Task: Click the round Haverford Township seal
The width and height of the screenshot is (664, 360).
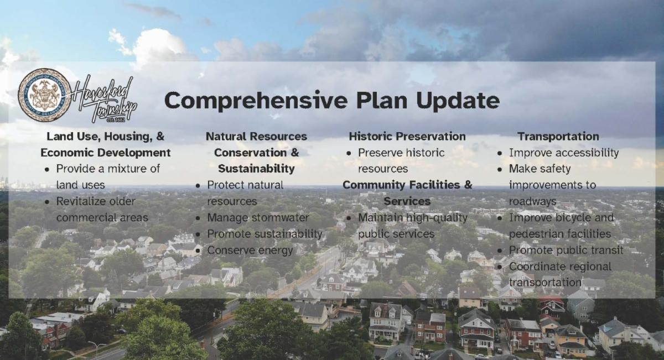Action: click(x=45, y=95)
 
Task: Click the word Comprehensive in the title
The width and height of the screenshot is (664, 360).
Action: click(x=256, y=101)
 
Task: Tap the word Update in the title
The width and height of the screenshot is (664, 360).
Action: click(x=458, y=101)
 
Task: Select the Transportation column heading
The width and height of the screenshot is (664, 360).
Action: click(x=558, y=137)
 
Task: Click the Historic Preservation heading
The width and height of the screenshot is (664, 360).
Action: click(x=407, y=137)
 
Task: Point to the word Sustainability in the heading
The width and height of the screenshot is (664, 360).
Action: click(x=256, y=169)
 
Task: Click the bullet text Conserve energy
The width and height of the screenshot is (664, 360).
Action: click(x=250, y=251)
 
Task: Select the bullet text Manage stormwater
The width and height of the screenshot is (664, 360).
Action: click(x=258, y=218)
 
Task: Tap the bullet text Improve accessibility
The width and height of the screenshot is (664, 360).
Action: click(x=564, y=153)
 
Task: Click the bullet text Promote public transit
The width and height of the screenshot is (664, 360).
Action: click(x=566, y=251)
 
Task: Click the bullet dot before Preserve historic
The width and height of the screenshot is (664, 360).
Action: click(x=349, y=154)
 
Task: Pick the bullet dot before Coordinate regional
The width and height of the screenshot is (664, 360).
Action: click(x=500, y=267)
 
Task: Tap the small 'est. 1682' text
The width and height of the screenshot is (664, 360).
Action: click(x=116, y=120)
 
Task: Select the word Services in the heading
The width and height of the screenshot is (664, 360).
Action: click(x=407, y=201)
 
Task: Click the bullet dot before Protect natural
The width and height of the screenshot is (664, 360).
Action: click(x=198, y=186)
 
